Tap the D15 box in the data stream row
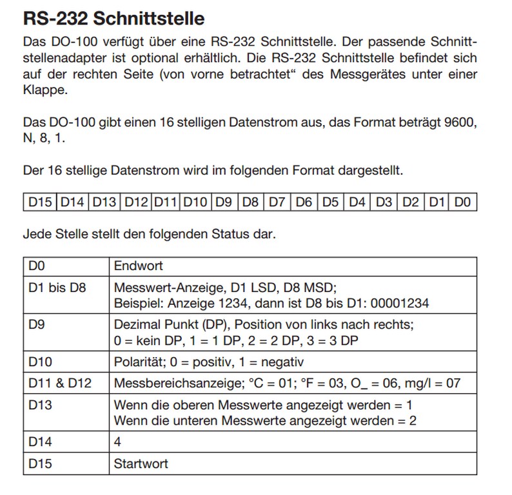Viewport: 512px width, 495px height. (40, 202)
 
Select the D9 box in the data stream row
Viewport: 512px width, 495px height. (223, 202)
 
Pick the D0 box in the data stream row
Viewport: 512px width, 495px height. (462, 202)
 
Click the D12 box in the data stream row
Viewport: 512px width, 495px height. (136, 202)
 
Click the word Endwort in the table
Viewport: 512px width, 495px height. (138, 266)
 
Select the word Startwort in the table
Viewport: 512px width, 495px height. (141, 464)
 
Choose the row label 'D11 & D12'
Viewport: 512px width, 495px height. (60, 383)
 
